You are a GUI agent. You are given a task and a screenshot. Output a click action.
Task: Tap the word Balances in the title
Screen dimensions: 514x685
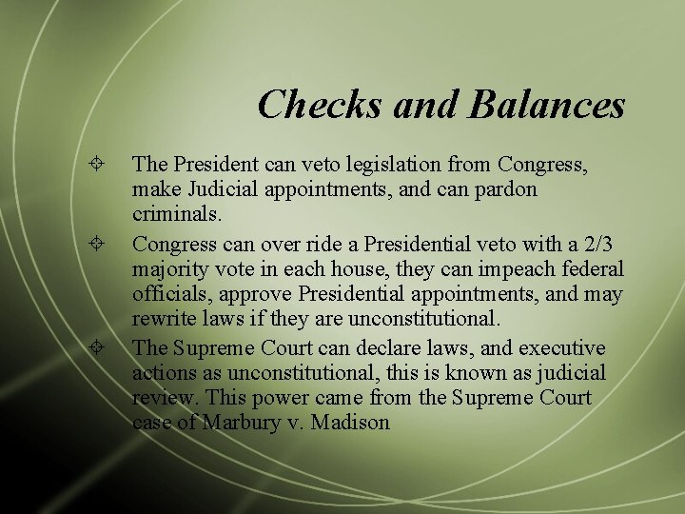[546, 104]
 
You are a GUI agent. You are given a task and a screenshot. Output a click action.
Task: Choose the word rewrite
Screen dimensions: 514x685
[160, 319]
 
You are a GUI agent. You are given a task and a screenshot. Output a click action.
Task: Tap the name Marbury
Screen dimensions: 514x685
[243, 423]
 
